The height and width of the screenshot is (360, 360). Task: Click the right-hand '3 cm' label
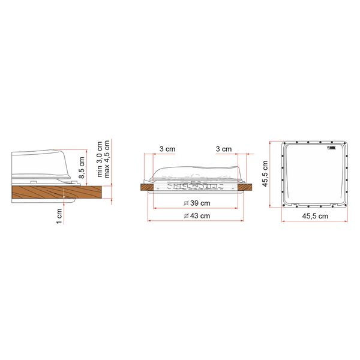(x=223, y=149)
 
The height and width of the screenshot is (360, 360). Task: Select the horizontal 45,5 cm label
(x=315, y=215)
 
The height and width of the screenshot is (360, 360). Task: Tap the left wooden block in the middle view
(x=145, y=187)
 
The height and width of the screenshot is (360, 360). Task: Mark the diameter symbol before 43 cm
(x=186, y=215)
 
